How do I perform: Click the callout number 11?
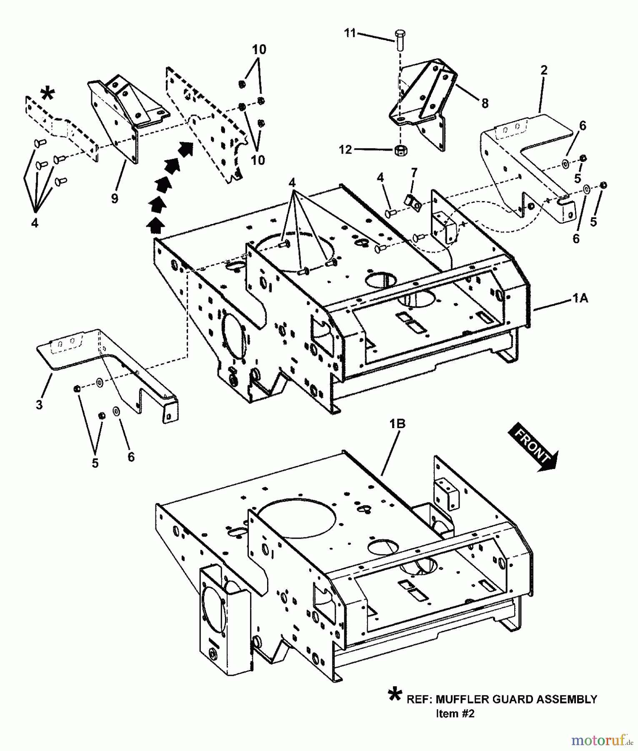(350, 33)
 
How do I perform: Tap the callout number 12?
(345, 149)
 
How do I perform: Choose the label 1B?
(397, 423)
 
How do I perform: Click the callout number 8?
(485, 103)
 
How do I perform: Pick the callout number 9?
(115, 198)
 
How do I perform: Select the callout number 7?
(413, 172)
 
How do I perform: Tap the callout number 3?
(39, 404)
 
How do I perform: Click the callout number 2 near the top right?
(544, 70)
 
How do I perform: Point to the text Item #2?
(455, 713)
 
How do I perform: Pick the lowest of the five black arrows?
(155, 225)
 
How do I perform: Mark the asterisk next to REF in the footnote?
(395, 696)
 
